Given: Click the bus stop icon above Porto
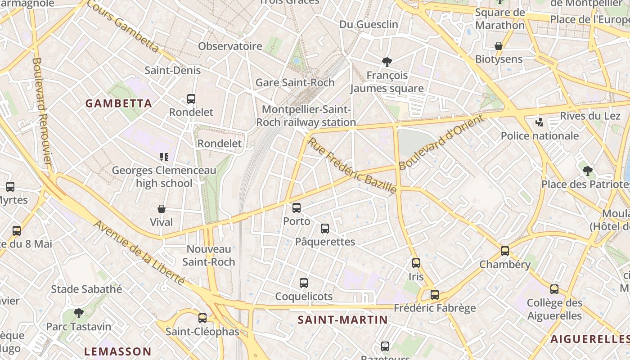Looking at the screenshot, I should click(x=296, y=207).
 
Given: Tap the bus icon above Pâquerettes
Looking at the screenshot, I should click(x=325, y=228).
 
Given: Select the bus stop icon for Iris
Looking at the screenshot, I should click(x=416, y=263).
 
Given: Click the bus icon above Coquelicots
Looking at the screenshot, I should click(x=304, y=283).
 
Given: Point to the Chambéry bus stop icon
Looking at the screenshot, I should click(x=505, y=251).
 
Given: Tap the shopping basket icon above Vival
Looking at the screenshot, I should click(x=162, y=209).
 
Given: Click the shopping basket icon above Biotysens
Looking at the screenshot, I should click(x=499, y=46).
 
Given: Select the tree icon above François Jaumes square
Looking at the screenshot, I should click(x=387, y=62).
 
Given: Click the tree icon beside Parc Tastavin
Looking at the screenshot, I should click(x=79, y=313).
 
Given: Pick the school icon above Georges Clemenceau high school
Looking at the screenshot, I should click(x=164, y=157).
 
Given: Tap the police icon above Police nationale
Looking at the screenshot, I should click(x=539, y=122).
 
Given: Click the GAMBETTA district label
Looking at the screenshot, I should click(x=119, y=103).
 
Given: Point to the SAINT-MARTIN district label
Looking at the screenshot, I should click(x=342, y=320).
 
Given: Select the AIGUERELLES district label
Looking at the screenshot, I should click(x=589, y=339).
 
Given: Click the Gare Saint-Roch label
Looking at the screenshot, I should click(x=295, y=82).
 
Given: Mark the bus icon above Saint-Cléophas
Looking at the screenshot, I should click(x=202, y=318).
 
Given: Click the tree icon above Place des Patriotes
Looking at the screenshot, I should click(x=587, y=171).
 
